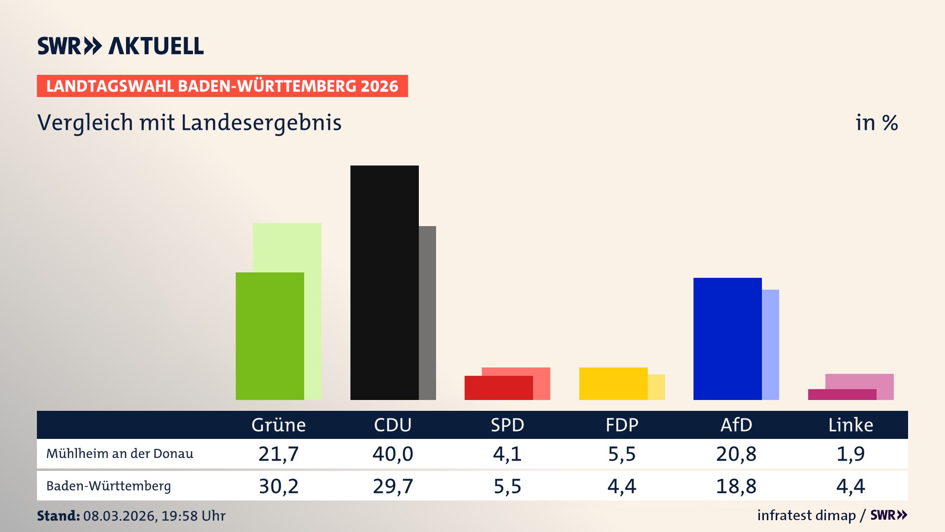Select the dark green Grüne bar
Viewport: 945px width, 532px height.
pos(270,336)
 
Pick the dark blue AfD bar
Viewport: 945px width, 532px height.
pos(727,338)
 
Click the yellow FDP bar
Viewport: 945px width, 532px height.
pos(613,383)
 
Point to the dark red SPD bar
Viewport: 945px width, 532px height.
pos(499,388)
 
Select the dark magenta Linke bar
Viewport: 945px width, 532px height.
pos(842,395)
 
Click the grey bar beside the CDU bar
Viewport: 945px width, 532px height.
pos(427,313)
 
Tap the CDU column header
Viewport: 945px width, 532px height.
pos(392,425)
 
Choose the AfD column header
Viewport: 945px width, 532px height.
pos(736,425)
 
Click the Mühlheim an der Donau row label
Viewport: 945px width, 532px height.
pos(120,454)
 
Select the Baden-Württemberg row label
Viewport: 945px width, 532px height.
pos(108,486)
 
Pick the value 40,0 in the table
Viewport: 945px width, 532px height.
pos(392,454)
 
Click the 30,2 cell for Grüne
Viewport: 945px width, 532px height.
pos(279,486)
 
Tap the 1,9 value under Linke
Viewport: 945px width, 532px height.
pos(850,454)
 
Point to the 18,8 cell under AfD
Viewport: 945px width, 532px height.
pos(736,486)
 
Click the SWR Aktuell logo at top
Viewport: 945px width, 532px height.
pos(121,46)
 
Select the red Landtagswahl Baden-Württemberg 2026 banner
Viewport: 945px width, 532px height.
pos(222,86)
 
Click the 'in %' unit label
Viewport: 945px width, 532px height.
pos(876,123)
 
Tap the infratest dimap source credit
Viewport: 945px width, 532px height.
pos(806,515)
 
